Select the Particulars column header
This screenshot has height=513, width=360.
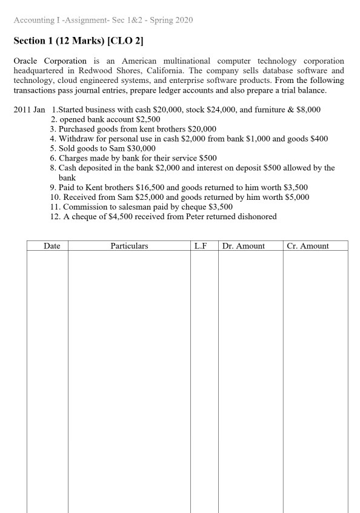coord(129,246)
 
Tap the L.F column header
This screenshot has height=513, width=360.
coord(204,246)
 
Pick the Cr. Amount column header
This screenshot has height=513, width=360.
coord(308,246)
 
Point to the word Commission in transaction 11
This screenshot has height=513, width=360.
coord(81,207)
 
